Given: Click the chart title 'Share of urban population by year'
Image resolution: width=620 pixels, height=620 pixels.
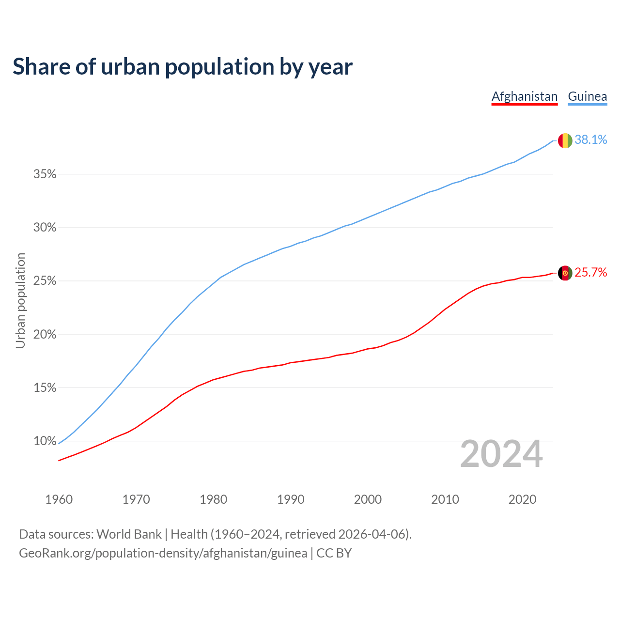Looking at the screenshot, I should (x=183, y=67).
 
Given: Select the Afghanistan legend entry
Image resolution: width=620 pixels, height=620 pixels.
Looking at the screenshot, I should (x=525, y=96).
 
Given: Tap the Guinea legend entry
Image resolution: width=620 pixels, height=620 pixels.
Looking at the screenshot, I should (x=587, y=96).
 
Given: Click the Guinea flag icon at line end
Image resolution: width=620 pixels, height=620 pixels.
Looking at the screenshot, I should (x=565, y=140).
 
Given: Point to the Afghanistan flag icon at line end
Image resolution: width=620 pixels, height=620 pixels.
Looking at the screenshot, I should (x=565, y=273).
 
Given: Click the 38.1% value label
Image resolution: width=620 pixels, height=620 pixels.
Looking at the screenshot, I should (x=590, y=140).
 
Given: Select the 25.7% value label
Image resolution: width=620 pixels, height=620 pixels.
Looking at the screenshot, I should (x=590, y=273).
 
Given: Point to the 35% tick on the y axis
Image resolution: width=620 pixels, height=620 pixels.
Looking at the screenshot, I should (x=45, y=174).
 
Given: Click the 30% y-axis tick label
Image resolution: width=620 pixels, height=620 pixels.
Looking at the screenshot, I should (x=45, y=228).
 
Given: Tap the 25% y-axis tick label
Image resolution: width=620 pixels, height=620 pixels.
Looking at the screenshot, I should (x=45, y=281).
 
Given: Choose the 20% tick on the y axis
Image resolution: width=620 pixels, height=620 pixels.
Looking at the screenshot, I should (x=45, y=335).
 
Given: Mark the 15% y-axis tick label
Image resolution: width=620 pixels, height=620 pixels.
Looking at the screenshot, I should (x=45, y=388).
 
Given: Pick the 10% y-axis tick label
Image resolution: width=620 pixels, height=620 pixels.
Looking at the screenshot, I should (x=45, y=441).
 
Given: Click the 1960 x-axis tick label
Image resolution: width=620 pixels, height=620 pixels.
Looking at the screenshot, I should (x=59, y=499).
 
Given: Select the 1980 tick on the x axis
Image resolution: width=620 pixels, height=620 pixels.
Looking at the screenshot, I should (x=214, y=499).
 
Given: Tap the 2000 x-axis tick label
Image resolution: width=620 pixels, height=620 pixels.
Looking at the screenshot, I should (x=368, y=499).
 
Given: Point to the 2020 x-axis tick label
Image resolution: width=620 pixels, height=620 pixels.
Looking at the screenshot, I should (x=522, y=499).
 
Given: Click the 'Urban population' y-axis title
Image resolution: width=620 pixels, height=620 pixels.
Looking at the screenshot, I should (x=20, y=300).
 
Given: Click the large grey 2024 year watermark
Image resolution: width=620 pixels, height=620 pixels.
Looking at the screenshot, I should (x=501, y=454).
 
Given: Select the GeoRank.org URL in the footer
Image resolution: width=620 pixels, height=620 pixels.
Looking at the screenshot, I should (x=163, y=553).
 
